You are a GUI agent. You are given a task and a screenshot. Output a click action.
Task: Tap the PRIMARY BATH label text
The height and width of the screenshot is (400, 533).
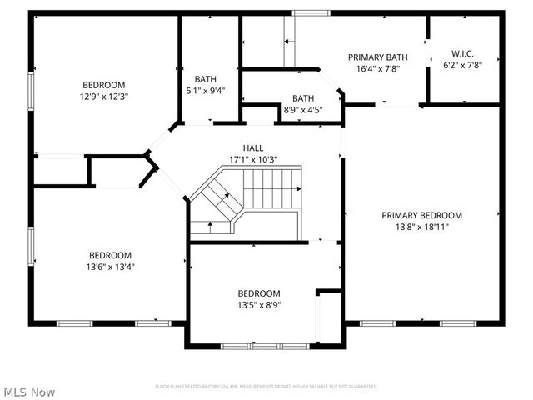click(377, 57)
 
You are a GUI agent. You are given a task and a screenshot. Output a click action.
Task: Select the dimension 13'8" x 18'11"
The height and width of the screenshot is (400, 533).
click(421, 227)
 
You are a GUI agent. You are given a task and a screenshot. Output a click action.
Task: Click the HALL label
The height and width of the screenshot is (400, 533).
click(253, 147)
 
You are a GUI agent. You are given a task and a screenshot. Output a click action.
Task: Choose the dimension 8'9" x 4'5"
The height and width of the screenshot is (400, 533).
click(302, 109)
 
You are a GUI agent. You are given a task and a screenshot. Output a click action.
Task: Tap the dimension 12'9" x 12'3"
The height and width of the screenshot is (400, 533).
click(104, 96)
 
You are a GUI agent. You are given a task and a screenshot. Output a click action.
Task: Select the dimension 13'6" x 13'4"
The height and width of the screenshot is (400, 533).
click(111, 267)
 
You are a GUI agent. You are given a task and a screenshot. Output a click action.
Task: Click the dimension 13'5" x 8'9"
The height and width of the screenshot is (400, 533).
click(259, 305)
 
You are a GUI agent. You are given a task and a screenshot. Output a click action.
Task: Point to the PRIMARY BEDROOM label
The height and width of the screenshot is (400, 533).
click(421, 215)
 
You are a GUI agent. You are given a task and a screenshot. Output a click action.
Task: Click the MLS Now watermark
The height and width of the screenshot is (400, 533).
click(30, 391)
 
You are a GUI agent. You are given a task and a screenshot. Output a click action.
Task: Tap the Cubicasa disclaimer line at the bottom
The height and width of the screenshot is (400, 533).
click(266, 387)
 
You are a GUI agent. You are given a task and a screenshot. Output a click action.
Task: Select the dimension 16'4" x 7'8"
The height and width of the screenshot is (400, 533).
click(377, 69)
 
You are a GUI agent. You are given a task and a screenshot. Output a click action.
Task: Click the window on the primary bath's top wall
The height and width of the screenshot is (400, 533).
click(311, 12)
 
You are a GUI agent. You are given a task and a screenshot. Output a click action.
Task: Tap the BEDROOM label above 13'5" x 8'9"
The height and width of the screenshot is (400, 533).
click(259, 293)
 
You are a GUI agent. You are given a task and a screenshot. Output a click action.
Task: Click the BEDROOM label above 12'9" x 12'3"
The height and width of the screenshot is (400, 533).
click(104, 84)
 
